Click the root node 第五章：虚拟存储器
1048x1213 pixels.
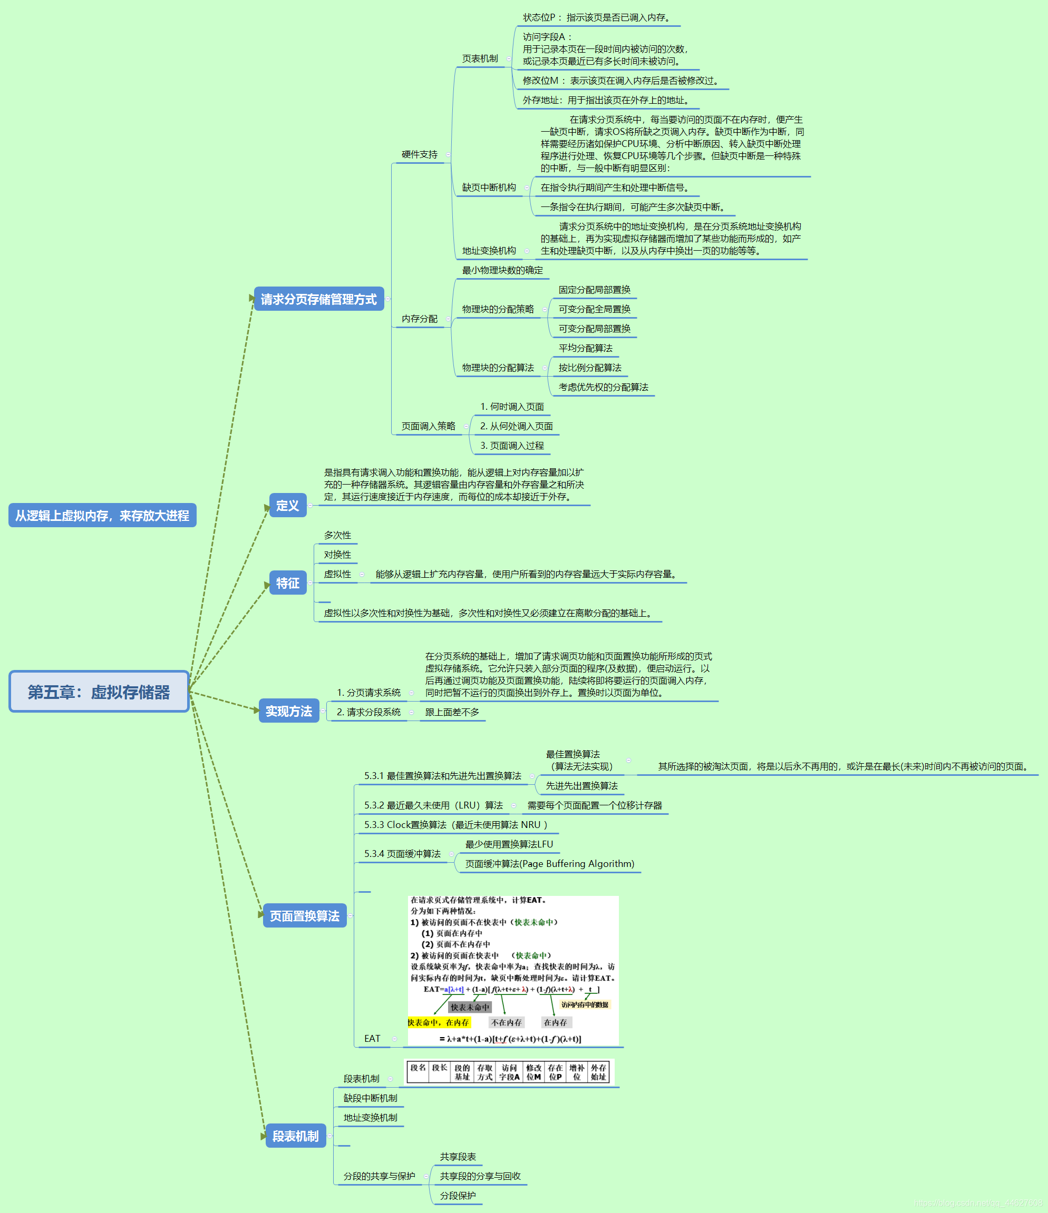coord(99,692)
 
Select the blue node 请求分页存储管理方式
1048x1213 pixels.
coord(319,299)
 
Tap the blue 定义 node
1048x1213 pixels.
coord(288,505)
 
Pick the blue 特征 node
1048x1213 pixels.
coord(288,583)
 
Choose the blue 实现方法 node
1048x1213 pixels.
coord(289,711)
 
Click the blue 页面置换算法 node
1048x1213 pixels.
coord(305,915)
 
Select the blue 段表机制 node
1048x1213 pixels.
coord(295,1136)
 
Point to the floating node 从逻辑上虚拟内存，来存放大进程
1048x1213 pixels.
coord(102,515)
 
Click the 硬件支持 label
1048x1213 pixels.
coord(420,154)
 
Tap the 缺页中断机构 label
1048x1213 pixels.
coord(489,188)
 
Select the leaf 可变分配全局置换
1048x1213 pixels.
coord(594,309)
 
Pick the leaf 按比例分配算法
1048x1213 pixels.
coord(589,368)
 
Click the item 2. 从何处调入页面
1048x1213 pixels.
coord(516,426)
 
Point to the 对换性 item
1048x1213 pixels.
coord(337,555)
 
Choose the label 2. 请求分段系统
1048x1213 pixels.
coord(368,712)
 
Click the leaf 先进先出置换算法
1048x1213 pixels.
coord(581,786)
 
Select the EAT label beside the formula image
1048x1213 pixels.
coord(372,1039)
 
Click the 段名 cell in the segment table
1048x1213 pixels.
coord(418,1068)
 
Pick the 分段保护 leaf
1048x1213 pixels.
coord(458,1196)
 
